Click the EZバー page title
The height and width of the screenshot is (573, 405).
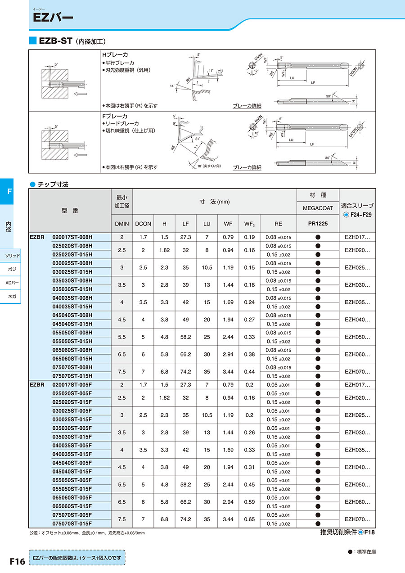coord(53,18)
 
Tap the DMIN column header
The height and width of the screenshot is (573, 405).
coord(122,224)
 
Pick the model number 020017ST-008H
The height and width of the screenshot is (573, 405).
coord(72,237)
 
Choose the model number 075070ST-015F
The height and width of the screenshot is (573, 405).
coord(72,523)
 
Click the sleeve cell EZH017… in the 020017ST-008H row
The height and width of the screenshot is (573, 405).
coord(357,237)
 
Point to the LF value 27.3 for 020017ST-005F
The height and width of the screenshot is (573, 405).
coord(185,385)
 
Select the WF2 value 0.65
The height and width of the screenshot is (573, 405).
coord(250,519)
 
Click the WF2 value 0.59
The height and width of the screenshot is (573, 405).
coord(250,502)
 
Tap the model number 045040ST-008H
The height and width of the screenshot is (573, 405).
coord(72,315)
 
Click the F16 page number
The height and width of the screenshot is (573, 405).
coord(17,561)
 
